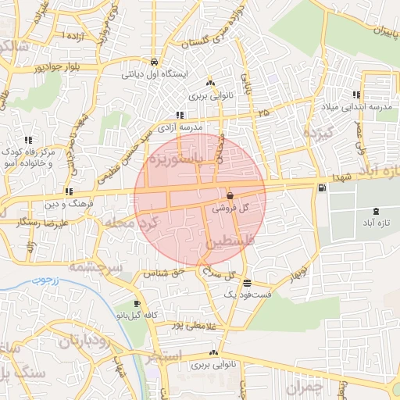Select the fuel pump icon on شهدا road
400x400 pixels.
[321, 187]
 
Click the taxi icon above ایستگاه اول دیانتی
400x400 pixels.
[155, 62]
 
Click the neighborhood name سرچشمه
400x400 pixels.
[95, 269]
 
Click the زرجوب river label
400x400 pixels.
[45, 279]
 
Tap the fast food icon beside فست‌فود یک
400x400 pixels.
[247, 283]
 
